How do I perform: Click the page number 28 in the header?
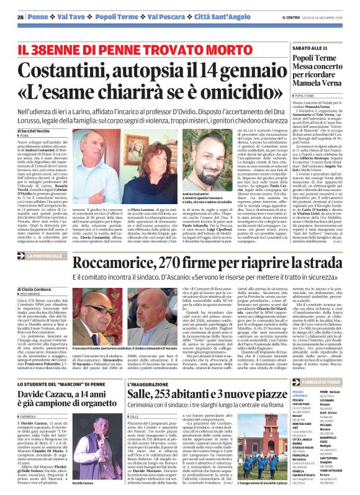[x=20, y=17]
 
